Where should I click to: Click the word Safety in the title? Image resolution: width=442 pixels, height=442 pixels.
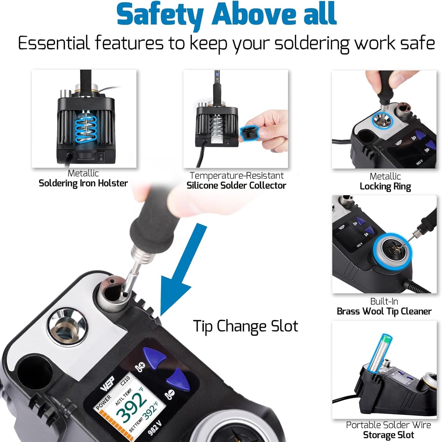160,15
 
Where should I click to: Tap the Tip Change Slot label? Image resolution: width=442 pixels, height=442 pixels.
245,326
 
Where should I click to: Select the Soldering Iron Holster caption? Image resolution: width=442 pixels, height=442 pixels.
83,183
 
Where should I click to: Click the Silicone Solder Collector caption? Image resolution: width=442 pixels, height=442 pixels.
236,185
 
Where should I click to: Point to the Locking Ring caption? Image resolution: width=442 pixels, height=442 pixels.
385,186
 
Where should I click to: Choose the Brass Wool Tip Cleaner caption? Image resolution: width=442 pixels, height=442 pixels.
384,311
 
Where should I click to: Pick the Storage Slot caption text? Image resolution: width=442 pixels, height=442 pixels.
388,435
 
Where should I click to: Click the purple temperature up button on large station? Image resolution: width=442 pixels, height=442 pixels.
155,357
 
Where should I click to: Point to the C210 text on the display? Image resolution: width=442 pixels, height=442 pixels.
125,381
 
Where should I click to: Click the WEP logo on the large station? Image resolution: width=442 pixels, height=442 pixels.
107,383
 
